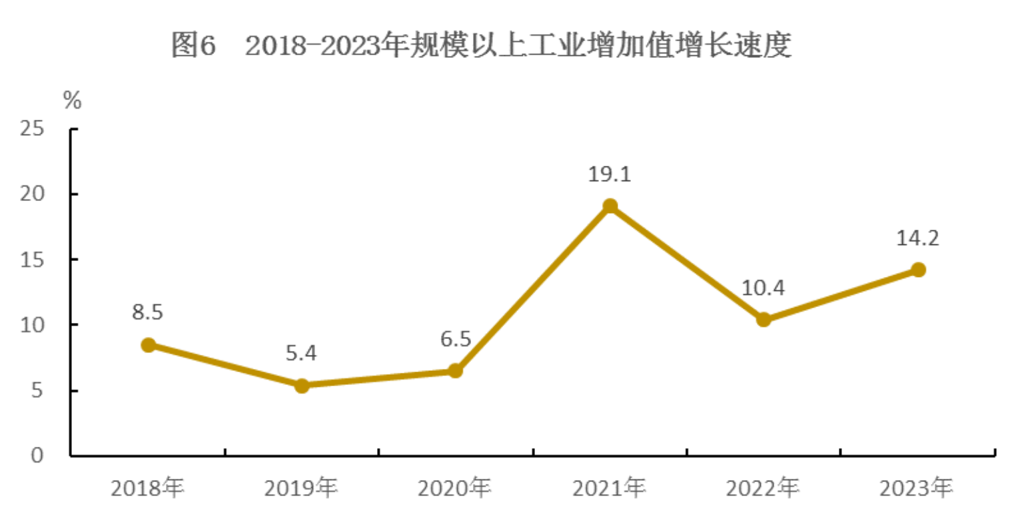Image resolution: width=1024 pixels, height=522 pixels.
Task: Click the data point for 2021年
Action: tap(610, 206)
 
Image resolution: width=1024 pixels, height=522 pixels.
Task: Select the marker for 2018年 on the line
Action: tap(149, 345)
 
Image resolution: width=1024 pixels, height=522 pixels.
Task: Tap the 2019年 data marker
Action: tap(302, 386)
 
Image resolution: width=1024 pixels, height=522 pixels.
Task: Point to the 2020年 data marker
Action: tap(455, 371)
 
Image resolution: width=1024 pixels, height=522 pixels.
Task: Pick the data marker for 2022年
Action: tap(764, 320)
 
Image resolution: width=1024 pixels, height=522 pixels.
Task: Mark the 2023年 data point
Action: tap(918, 270)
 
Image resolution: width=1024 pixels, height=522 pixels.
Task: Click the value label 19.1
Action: tap(609, 174)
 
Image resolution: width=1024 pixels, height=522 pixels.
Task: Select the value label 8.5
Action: tap(147, 312)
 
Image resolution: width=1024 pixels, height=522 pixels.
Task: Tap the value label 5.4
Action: tap(301, 353)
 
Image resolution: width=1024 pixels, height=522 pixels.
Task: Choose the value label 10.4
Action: tap(763, 288)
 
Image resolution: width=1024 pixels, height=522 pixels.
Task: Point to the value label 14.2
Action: tap(917, 238)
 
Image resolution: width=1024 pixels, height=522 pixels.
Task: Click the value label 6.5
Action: tap(455, 339)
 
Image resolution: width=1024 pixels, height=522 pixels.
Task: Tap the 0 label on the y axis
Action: tap(37, 456)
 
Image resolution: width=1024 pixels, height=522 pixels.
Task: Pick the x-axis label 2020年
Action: tap(455, 489)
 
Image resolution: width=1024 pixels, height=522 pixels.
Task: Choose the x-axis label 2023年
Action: tap(917, 489)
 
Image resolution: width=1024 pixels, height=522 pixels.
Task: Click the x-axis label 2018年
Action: tap(147, 489)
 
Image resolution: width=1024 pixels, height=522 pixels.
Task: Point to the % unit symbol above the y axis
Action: tap(72, 101)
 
